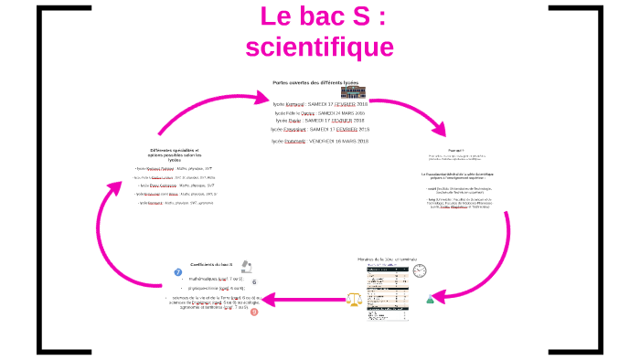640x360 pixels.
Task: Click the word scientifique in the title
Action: (x=319, y=47)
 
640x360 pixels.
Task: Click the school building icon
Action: (x=352, y=92)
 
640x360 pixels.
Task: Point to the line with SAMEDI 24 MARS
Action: (x=319, y=112)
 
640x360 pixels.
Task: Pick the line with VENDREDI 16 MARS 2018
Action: (x=319, y=141)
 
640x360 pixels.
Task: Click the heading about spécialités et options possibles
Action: (x=173, y=154)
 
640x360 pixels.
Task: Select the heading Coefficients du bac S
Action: (x=211, y=263)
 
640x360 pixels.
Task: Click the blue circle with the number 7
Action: (x=178, y=272)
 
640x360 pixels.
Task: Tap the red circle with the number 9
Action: (x=254, y=312)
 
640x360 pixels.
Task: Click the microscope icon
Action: (x=247, y=266)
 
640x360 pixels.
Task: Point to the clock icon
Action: (x=420, y=271)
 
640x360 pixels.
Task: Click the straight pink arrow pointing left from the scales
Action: (x=306, y=298)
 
